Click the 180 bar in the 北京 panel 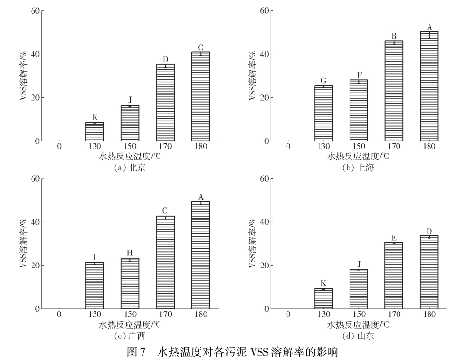(x=201, y=96)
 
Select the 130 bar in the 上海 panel (x=323, y=113)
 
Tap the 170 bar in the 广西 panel (x=165, y=262)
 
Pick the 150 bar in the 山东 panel (x=359, y=289)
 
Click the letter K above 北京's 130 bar (x=95, y=117)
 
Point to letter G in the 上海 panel (x=323, y=80)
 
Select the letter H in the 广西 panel (x=130, y=253)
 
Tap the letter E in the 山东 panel (x=394, y=237)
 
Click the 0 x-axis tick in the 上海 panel (x=288, y=146)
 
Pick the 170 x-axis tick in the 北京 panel (x=165, y=146)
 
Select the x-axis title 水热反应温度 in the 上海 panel (x=358, y=157)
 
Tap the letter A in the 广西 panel (x=201, y=196)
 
